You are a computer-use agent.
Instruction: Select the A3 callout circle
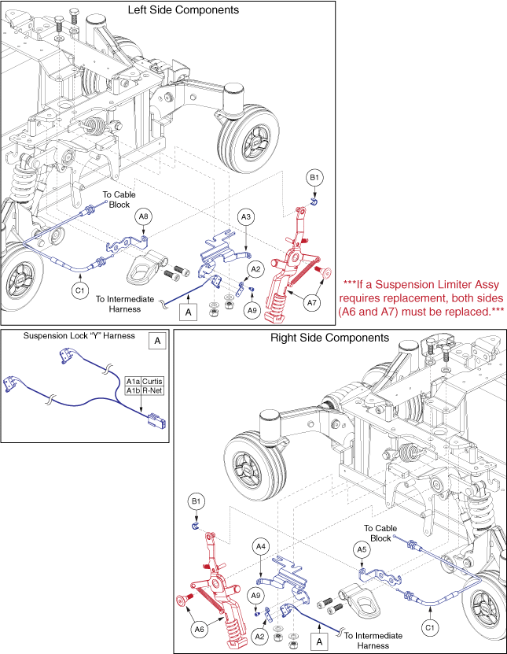click(246, 216)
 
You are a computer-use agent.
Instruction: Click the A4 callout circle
click(261, 545)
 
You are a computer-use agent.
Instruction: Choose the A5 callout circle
click(361, 549)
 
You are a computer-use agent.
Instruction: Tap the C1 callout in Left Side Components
click(79, 290)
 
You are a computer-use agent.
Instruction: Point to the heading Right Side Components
click(329, 338)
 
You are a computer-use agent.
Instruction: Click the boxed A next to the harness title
click(157, 341)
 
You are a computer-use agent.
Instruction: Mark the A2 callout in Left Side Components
click(254, 268)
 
